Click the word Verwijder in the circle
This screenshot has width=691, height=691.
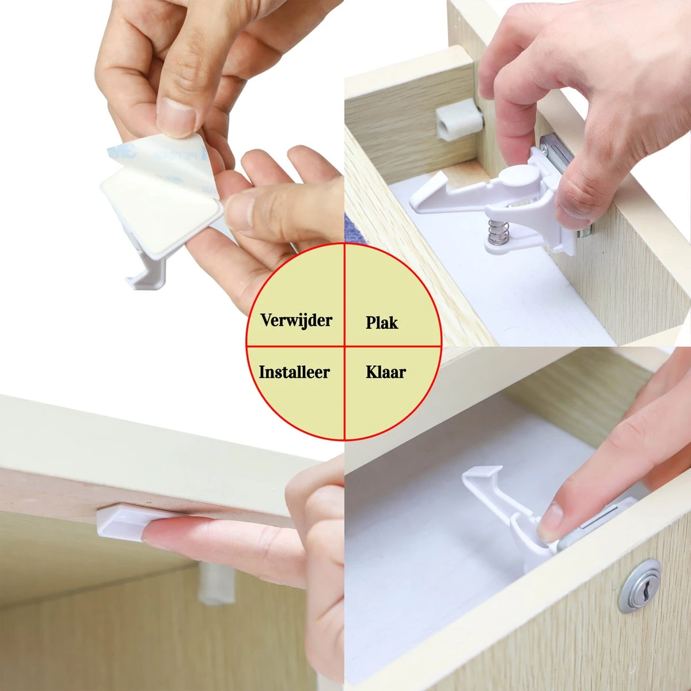(296, 320)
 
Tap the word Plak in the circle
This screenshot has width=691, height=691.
(382, 322)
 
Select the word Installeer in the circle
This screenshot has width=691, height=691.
(294, 371)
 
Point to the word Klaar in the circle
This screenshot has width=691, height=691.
(385, 372)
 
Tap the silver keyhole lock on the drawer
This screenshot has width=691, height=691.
(640, 585)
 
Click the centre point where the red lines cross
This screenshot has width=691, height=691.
(344, 346)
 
